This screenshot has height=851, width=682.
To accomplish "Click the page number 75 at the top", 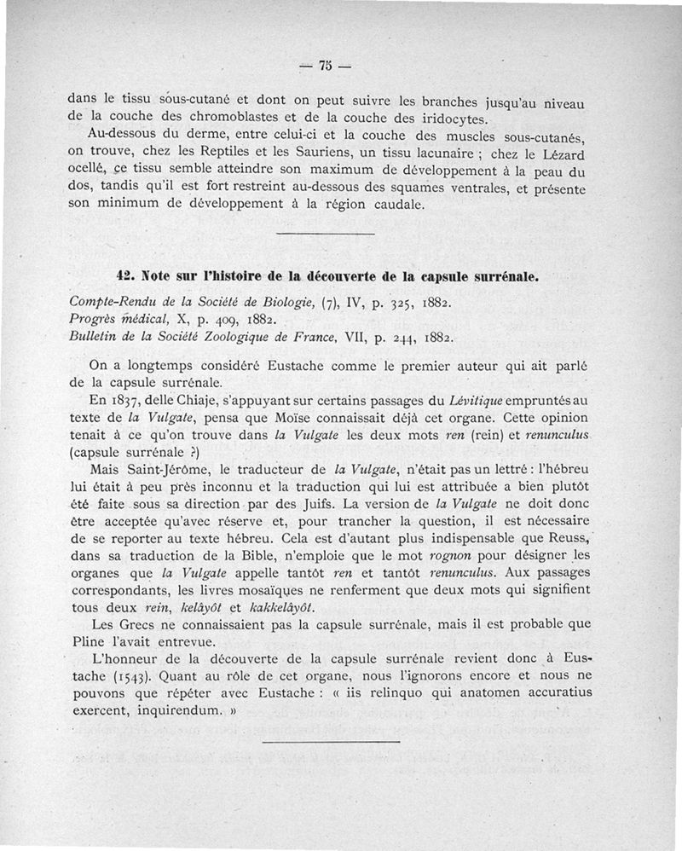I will coord(325,66).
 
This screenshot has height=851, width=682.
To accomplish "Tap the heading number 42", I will coord(125,276).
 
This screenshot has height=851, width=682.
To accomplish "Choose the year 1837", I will coord(130,400).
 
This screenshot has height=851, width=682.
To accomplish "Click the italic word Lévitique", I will coord(478,400).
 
